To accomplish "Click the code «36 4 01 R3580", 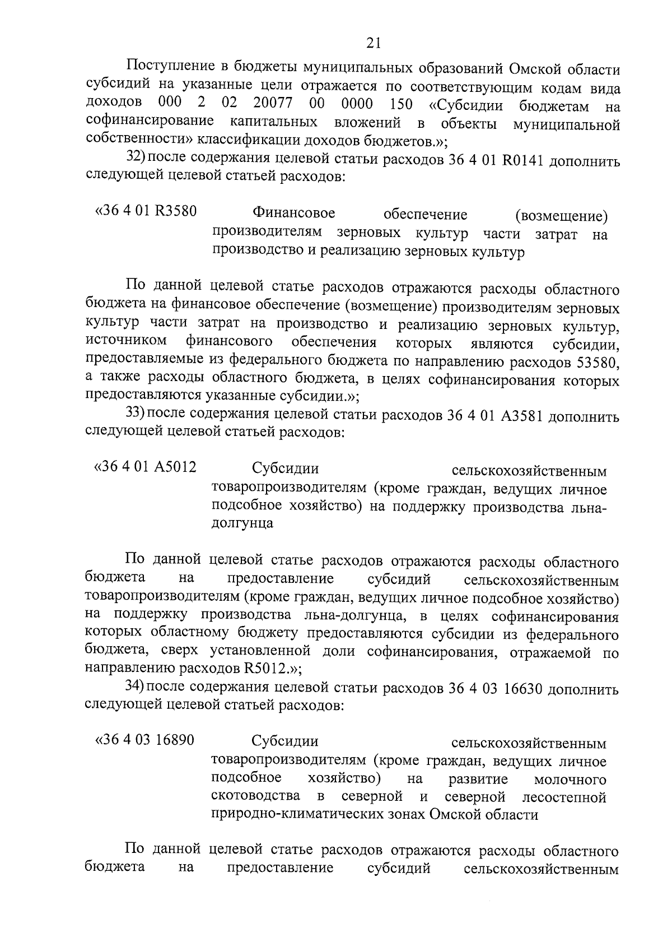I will pyautogui.click(x=146, y=212).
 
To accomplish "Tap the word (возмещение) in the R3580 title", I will pyautogui.click(x=561, y=216).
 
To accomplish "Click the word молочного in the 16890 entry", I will pyautogui.click(x=570, y=780).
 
